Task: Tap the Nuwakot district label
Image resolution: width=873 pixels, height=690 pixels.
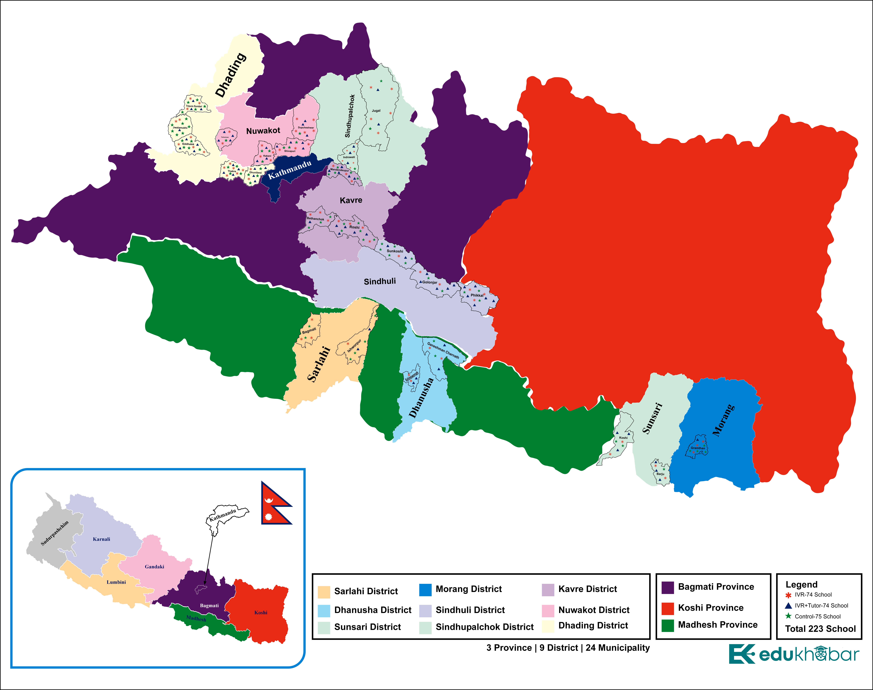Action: (263, 131)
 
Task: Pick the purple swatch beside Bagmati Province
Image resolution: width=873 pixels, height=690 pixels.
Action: (668, 588)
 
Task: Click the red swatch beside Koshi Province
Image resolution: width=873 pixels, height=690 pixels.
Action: (668, 608)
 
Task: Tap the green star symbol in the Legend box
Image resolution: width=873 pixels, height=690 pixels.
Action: (788, 616)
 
